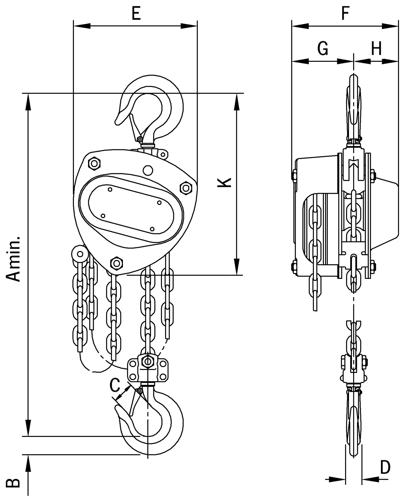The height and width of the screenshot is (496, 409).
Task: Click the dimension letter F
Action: pyautogui.click(x=345, y=14)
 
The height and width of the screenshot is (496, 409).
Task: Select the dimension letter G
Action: pyautogui.click(x=323, y=49)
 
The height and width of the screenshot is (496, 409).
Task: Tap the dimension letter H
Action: pyautogui.click(x=376, y=49)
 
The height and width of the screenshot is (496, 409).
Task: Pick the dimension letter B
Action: pyautogui.click(x=13, y=482)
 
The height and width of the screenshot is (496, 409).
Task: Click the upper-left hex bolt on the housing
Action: pyautogui.click(x=94, y=163)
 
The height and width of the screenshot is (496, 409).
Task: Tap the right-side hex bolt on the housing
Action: pyautogui.click(x=186, y=188)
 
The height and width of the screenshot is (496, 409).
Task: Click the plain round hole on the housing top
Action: pyautogui.click(x=147, y=170)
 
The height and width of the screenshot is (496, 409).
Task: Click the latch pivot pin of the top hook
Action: pyautogui.click(x=139, y=138)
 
